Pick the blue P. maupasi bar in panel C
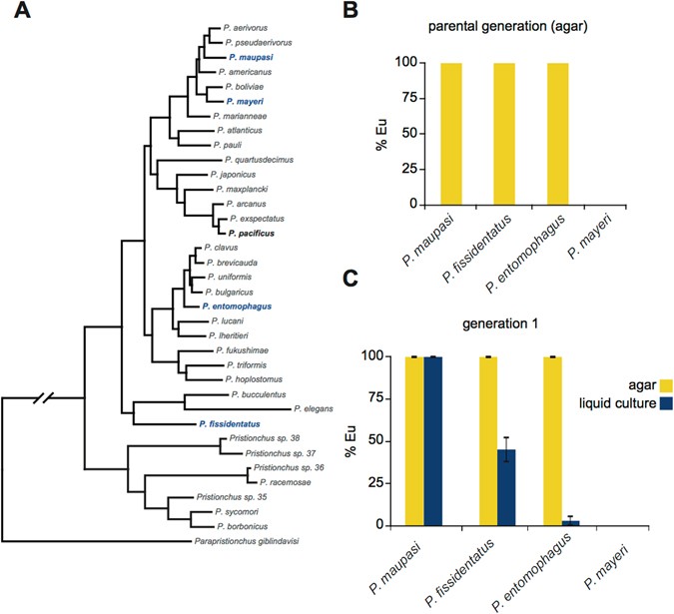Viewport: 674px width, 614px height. pos(433,440)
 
